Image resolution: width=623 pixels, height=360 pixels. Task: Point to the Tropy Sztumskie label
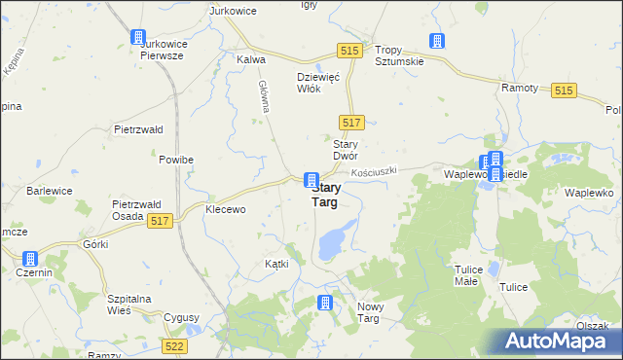pos(401,55)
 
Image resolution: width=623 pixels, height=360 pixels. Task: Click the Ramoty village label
pos(520,88)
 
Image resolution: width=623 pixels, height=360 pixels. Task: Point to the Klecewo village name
pos(225,209)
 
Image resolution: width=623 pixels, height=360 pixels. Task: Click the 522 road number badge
pos(175,346)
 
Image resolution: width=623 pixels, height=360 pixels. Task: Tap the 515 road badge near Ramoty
pos(563,90)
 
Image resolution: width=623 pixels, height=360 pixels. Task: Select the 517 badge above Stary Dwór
pos(352,122)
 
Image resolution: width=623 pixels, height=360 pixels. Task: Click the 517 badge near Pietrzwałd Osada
pos(162,223)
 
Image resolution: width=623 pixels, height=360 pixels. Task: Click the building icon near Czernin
pos(29,259)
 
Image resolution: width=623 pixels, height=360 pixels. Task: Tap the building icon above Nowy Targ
pos(324,304)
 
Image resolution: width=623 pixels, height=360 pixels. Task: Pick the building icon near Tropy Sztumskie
pos(437,41)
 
